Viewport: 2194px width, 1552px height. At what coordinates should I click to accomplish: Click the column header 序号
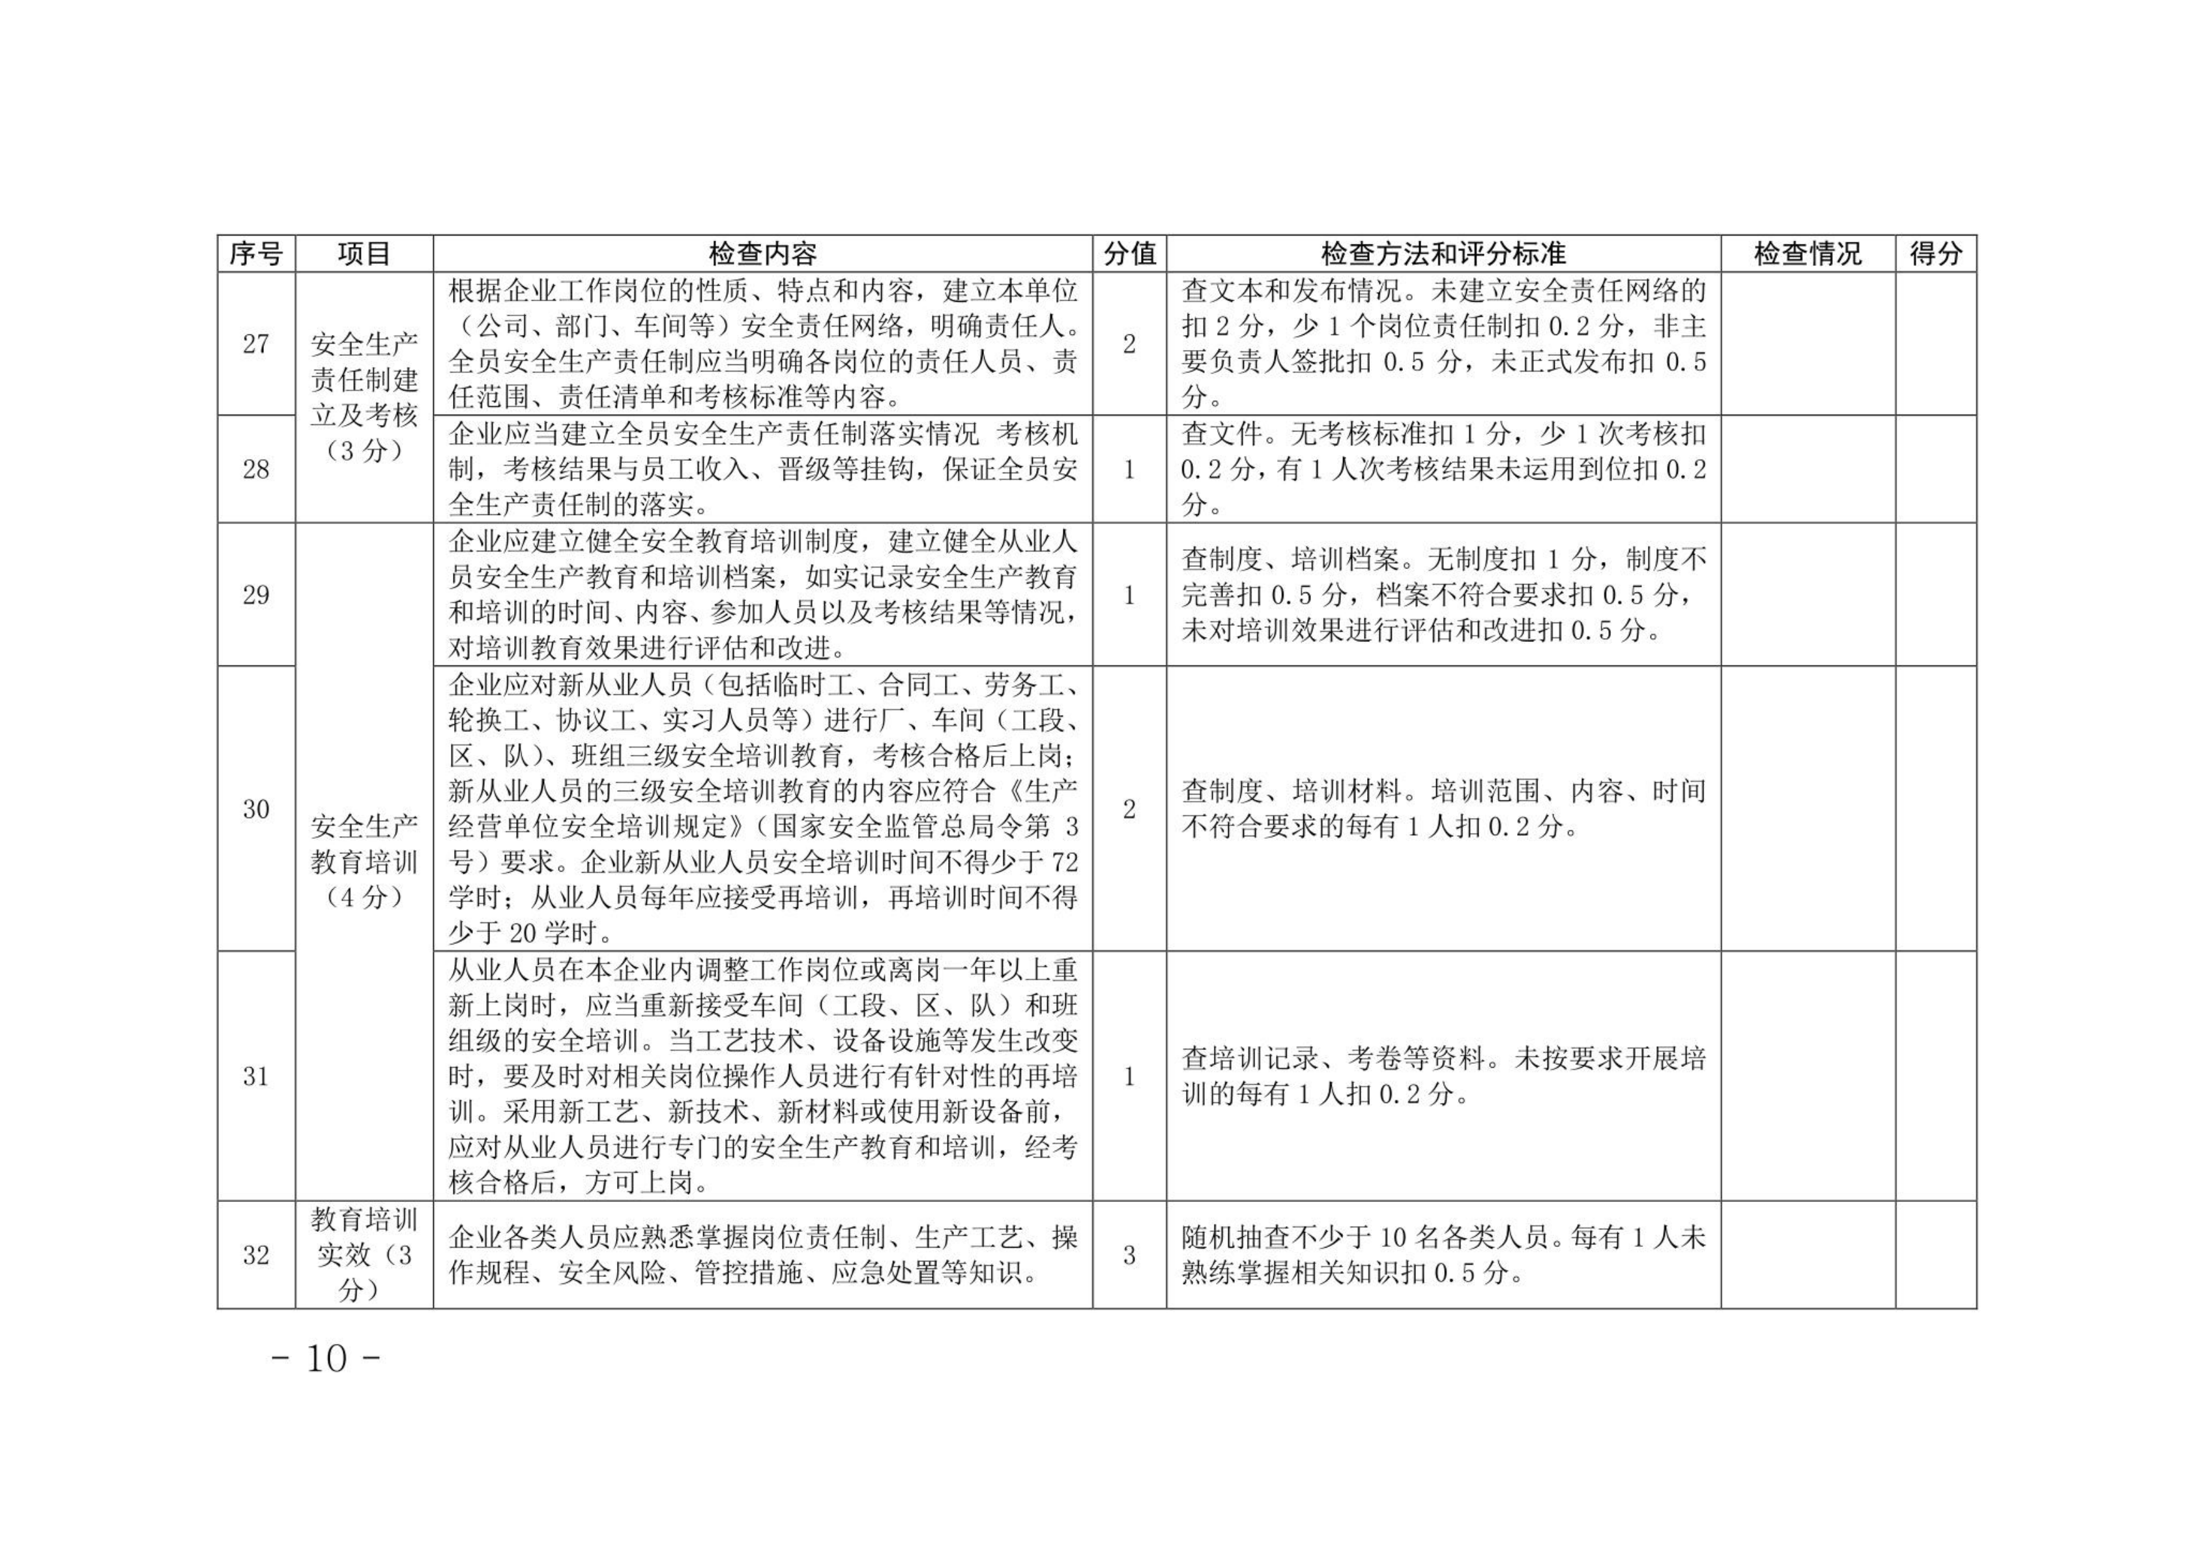click(x=256, y=254)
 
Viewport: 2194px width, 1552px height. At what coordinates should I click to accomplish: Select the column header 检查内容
click(x=762, y=254)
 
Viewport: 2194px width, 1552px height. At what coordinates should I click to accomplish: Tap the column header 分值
click(x=1129, y=254)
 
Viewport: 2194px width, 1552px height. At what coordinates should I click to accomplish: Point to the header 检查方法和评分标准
click(x=1443, y=254)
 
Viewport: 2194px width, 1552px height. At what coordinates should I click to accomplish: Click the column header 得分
click(x=1935, y=254)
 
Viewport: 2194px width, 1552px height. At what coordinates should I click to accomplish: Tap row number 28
click(x=256, y=469)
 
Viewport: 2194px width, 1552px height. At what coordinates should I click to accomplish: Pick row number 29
click(x=256, y=594)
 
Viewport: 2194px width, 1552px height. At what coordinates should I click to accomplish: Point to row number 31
click(x=256, y=1077)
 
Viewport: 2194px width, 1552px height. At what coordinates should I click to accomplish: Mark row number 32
click(x=256, y=1255)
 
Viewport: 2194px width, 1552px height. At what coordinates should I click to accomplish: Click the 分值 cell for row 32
click(x=1129, y=1255)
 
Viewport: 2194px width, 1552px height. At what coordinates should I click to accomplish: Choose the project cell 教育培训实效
click(x=364, y=1255)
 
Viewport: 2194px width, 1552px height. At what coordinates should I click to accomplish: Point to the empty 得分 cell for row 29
click(x=1935, y=594)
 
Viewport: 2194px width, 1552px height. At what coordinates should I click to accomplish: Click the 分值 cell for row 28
click(x=1129, y=469)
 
